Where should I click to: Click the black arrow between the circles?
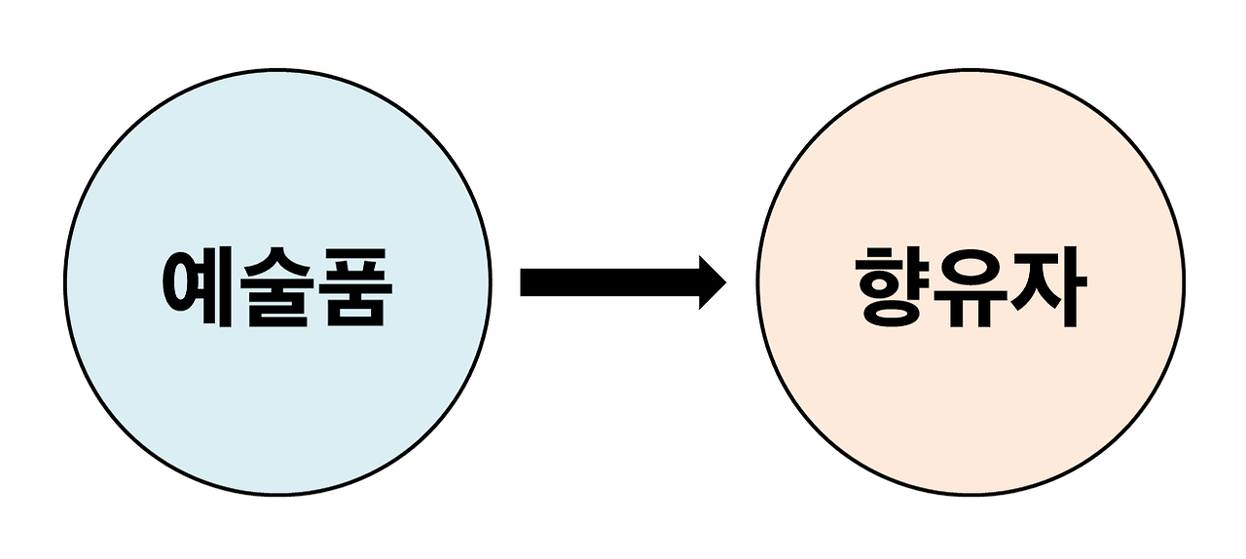coord(623,281)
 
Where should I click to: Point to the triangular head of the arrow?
coord(711,281)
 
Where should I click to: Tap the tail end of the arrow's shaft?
coord(526,281)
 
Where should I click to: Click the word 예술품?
coord(277,288)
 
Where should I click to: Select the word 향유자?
coord(971,288)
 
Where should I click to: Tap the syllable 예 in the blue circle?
coord(199,288)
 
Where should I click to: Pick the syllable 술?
coord(277,288)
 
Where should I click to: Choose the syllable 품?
coord(354,288)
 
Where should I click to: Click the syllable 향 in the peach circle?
coord(893,288)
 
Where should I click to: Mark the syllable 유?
coord(971,288)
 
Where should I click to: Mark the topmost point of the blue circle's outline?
coord(277,71)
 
